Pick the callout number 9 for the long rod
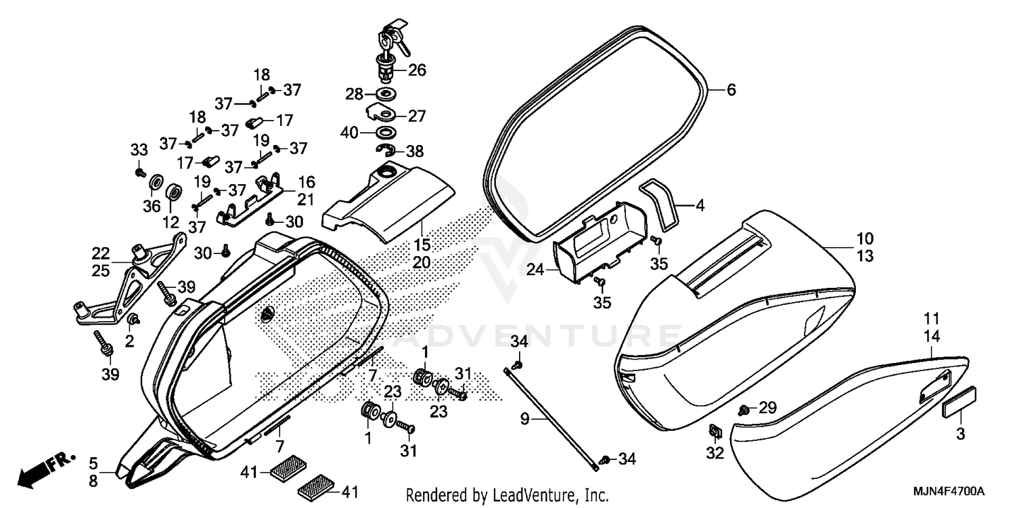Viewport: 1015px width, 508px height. coord(524,420)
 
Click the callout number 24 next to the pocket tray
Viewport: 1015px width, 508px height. coord(535,270)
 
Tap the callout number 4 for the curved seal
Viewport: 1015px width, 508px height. coord(700,205)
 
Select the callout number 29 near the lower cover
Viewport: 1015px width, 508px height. coord(767,408)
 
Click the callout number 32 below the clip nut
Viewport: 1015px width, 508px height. coord(715,452)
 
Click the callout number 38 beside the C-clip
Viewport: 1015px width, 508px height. coord(414,152)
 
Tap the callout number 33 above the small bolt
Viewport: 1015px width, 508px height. coord(138,150)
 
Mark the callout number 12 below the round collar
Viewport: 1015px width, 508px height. coord(171,221)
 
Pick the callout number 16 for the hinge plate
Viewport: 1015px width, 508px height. coord(307,182)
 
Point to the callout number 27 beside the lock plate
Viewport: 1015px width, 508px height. coord(418,116)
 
